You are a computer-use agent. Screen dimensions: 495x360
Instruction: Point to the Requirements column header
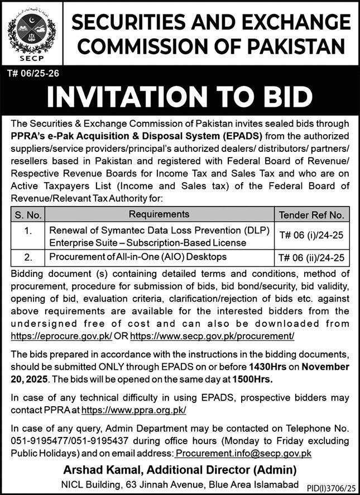[159, 214]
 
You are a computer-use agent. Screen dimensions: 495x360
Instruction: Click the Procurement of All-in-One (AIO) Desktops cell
[138, 257]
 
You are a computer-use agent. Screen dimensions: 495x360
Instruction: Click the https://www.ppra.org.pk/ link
[133, 410]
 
